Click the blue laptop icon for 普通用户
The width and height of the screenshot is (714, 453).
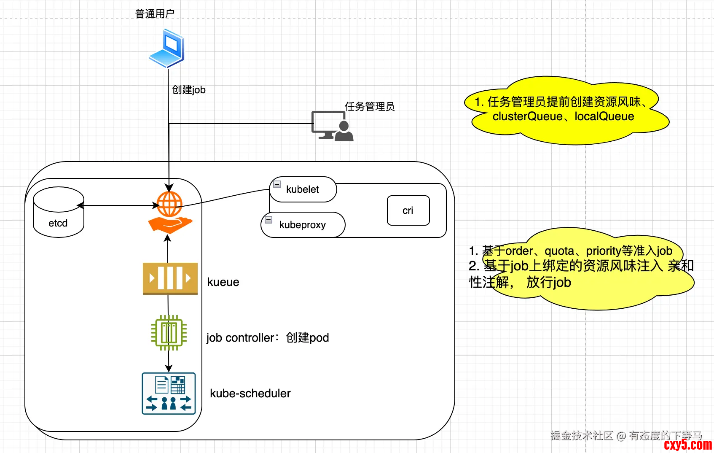coord(167,48)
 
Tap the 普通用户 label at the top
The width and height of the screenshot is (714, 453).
coord(155,14)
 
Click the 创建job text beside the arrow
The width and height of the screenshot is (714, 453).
coord(189,90)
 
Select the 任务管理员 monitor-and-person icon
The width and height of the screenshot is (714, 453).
coord(332,126)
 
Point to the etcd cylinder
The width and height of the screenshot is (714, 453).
coord(59,212)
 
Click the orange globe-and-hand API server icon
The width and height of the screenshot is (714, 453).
coord(170,212)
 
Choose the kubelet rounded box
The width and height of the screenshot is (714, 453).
coord(303,189)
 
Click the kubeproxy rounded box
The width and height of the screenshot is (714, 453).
coord(303,225)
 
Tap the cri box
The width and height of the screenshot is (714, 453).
coord(408,210)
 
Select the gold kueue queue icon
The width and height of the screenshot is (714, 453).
coord(170,278)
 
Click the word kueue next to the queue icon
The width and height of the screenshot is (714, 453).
coord(223,282)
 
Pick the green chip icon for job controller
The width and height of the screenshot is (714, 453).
coord(169,333)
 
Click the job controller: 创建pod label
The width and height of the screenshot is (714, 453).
coord(268,338)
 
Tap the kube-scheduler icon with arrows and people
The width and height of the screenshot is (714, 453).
coord(169,394)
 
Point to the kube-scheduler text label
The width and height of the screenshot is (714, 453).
coord(250,394)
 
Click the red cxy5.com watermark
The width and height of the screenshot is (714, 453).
coord(688,445)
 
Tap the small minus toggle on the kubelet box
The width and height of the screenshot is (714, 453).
coord(277,184)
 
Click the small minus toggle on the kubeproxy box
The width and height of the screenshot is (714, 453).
coord(268,220)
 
